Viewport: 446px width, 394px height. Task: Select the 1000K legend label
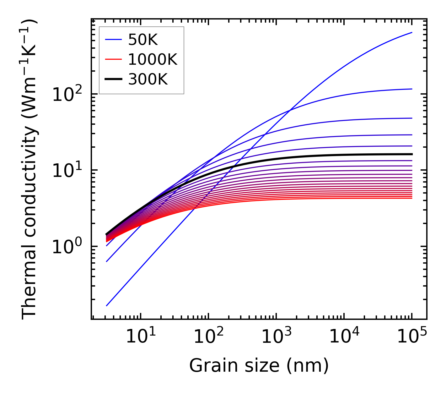click(x=153, y=59)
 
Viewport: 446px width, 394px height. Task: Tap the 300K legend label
click(x=148, y=79)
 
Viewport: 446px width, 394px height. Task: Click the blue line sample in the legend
click(x=113, y=40)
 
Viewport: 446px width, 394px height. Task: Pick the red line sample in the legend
click(x=113, y=59)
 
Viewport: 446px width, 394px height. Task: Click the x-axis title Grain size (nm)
click(x=259, y=366)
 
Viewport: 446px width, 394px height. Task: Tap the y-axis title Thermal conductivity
click(x=30, y=170)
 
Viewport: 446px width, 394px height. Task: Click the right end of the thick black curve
click(x=412, y=154)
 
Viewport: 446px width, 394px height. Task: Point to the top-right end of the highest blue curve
click(x=412, y=32)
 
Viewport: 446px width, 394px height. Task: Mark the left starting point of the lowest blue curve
click(x=107, y=305)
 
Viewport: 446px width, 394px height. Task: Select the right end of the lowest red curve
click(x=412, y=198)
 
